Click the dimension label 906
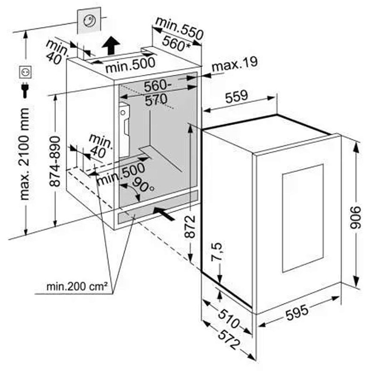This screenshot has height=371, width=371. (355, 217)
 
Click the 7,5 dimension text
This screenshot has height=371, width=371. (217, 252)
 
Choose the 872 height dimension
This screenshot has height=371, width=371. (190, 226)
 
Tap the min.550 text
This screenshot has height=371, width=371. (179, 28)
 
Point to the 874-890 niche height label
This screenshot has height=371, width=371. (55, 162)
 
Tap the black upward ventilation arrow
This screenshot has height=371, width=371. (110, 46)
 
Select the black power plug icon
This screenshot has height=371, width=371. (25, 90)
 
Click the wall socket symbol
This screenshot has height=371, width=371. (25, 72)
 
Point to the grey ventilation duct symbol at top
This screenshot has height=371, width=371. (89, 20)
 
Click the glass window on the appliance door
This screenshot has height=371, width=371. (303, 218)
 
